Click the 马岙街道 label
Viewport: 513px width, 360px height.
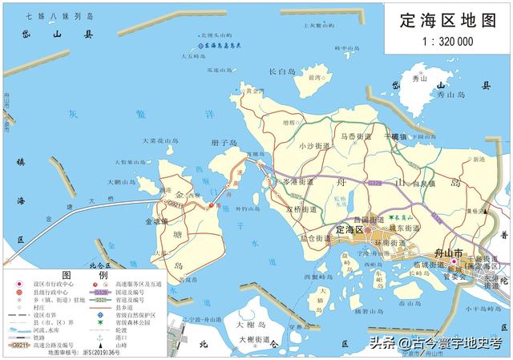pos(356,137)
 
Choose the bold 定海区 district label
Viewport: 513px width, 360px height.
pos(350,230)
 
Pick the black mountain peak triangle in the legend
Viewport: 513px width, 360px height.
pos(119,343)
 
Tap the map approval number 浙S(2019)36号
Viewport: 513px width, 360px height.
pos(91,353)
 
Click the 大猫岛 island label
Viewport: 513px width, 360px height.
pos(320,298)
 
